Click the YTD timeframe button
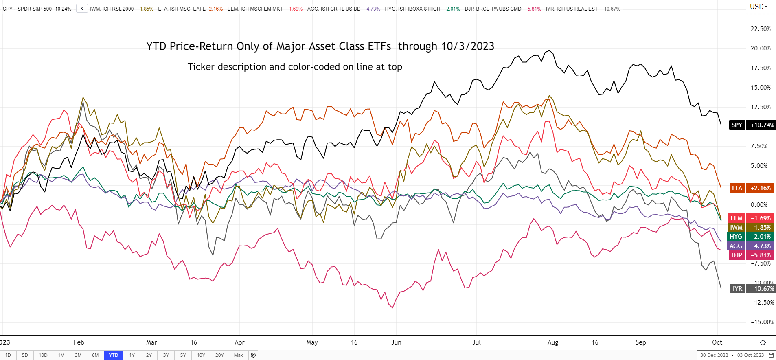pos(113,355)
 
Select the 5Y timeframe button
pos(183,355)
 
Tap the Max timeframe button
pos(238,355)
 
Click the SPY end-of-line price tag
pos(752,125)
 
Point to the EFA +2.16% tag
pos(752,188)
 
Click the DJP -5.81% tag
pos(752,255)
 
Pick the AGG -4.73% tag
pos(752,246)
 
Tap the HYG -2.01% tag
pos(752,237)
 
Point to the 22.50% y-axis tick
pos(761,29)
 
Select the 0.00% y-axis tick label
pos(759,205)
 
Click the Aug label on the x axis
pos(553,342)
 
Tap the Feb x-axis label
pos(79,342)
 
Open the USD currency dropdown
pos(758,7)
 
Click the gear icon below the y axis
pos(763,342)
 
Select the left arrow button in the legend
pos(82,9)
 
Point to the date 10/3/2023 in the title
pos(467,46)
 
